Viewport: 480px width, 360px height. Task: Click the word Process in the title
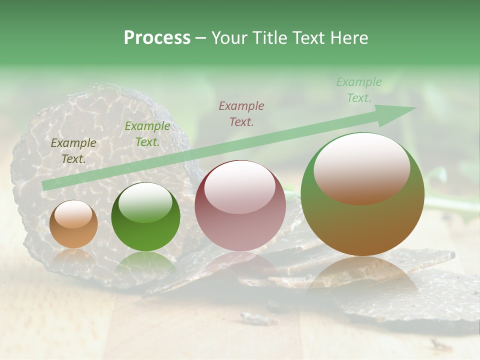[157, 38]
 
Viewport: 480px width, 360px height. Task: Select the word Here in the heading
[349, 38]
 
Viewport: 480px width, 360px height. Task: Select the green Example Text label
[147, 134]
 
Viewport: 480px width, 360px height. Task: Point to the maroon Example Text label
[241, 113]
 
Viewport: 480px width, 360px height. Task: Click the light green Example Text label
[358, 90]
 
